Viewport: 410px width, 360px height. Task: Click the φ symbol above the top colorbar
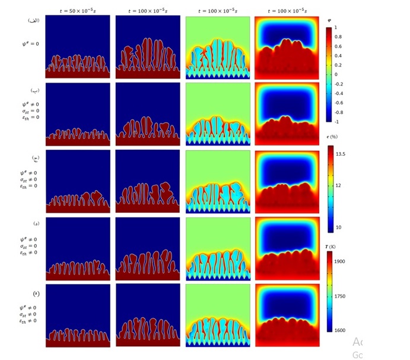point(329,20)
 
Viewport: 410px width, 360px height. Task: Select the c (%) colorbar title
point(333,137)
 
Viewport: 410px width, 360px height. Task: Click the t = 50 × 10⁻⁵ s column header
point(78,11)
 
